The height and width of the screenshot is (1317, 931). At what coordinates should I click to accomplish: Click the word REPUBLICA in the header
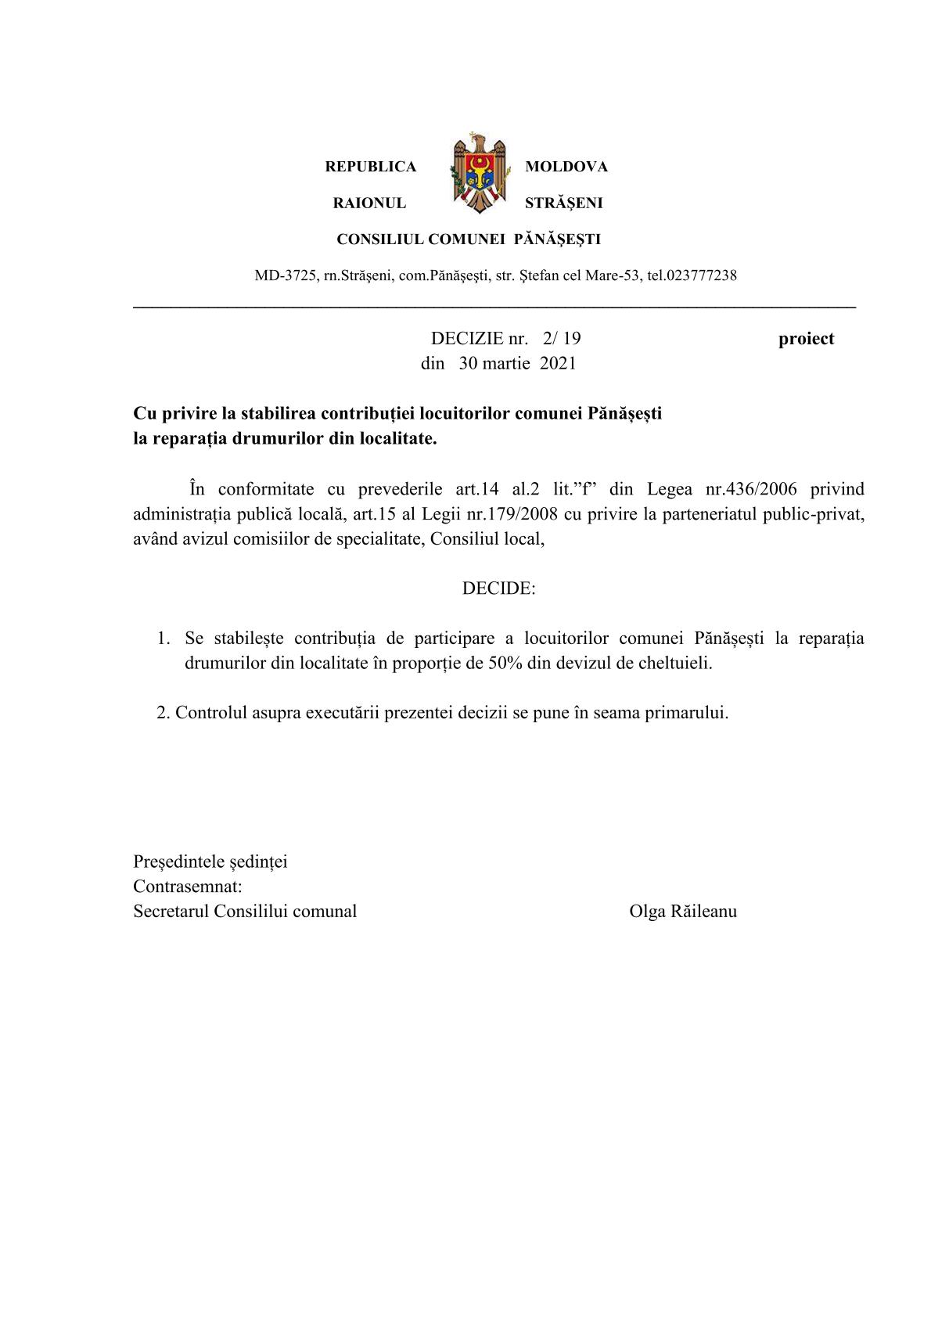pyautogui.click(x=370, y=167)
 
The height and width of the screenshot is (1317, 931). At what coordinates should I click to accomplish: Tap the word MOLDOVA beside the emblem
pyautogui.click(x=566, y=167)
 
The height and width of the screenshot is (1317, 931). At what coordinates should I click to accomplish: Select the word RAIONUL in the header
pyautogui.click(x=369, y=203)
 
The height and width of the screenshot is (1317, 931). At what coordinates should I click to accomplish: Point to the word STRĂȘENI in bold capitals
pyautogui.click(x=563, y=203)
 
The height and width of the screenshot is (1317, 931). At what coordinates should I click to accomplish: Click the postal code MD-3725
pyautogui.click(x=286, y=275)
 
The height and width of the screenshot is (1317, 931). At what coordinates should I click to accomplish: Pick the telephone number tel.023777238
pyautogui.click(x=692, y=275)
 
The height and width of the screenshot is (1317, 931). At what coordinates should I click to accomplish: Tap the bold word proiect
pyautogui.click(x=806, y=339)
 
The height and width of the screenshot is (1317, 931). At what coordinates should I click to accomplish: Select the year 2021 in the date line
pyautogui.click(x=558, y=364)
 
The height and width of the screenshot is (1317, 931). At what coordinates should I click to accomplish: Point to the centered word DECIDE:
pyautogui.click(x=498, y=588)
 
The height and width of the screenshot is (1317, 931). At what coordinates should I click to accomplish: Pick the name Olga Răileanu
pyautogui.click(x=682, y=912)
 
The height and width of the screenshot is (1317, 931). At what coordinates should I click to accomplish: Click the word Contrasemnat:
pyautogui.click(x=188, y=887)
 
